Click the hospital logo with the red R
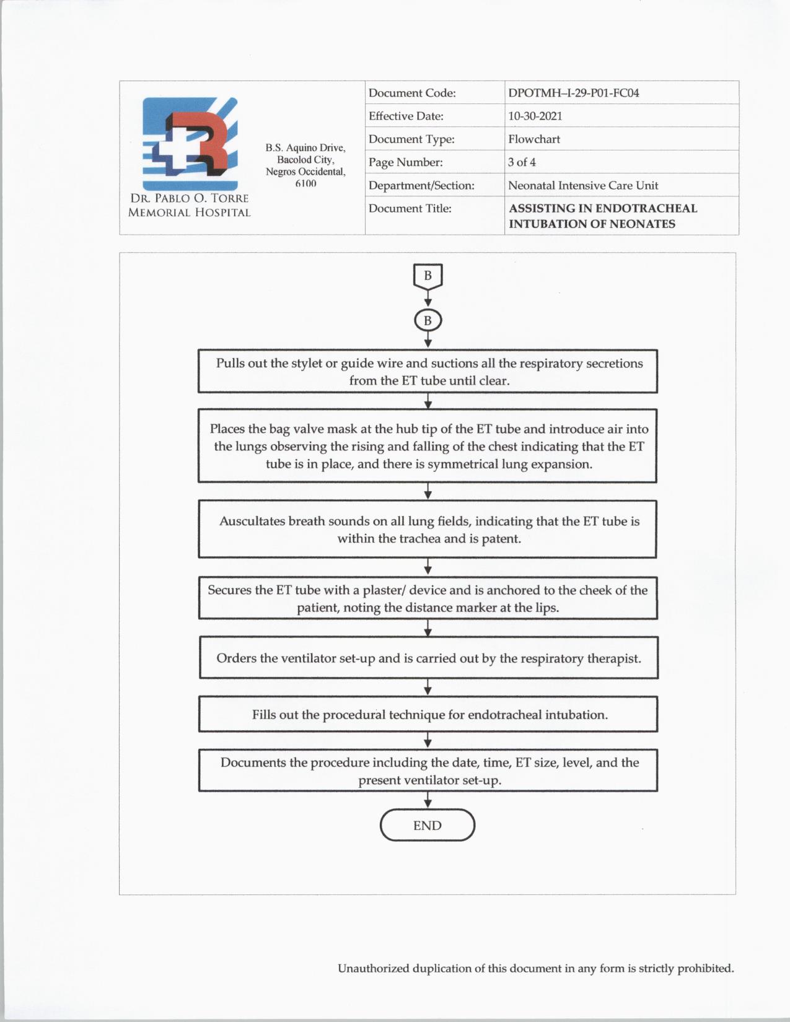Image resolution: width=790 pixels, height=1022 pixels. point(190,143)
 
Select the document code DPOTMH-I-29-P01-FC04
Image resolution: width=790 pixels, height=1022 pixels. point(573,93)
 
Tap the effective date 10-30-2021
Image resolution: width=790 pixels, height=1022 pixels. point(535,116)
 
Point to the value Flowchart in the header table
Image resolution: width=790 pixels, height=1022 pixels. point(533,139)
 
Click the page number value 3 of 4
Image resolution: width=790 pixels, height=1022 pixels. point(522,162)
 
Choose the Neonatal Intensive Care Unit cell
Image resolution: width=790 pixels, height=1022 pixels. point(582,185)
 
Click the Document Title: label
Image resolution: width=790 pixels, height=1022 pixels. point(410,208)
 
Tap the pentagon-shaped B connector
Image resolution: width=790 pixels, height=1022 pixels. point(428,276)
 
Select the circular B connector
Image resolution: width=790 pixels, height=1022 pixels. point(428,321)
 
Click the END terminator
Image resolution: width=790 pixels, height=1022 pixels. point(428,825)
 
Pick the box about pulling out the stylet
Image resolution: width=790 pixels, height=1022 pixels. point(428,372)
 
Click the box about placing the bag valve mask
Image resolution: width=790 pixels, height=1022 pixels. point(428,446)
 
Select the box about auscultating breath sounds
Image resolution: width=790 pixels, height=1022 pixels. point(428,530)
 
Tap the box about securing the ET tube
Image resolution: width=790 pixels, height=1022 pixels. point(428,598)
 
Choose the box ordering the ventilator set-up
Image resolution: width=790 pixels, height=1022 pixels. point(428,658)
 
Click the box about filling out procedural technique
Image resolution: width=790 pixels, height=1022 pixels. point(428,715)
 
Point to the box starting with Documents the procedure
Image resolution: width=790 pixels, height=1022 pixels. point(428,771)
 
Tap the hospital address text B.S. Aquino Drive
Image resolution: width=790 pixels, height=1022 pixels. point(305,148)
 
